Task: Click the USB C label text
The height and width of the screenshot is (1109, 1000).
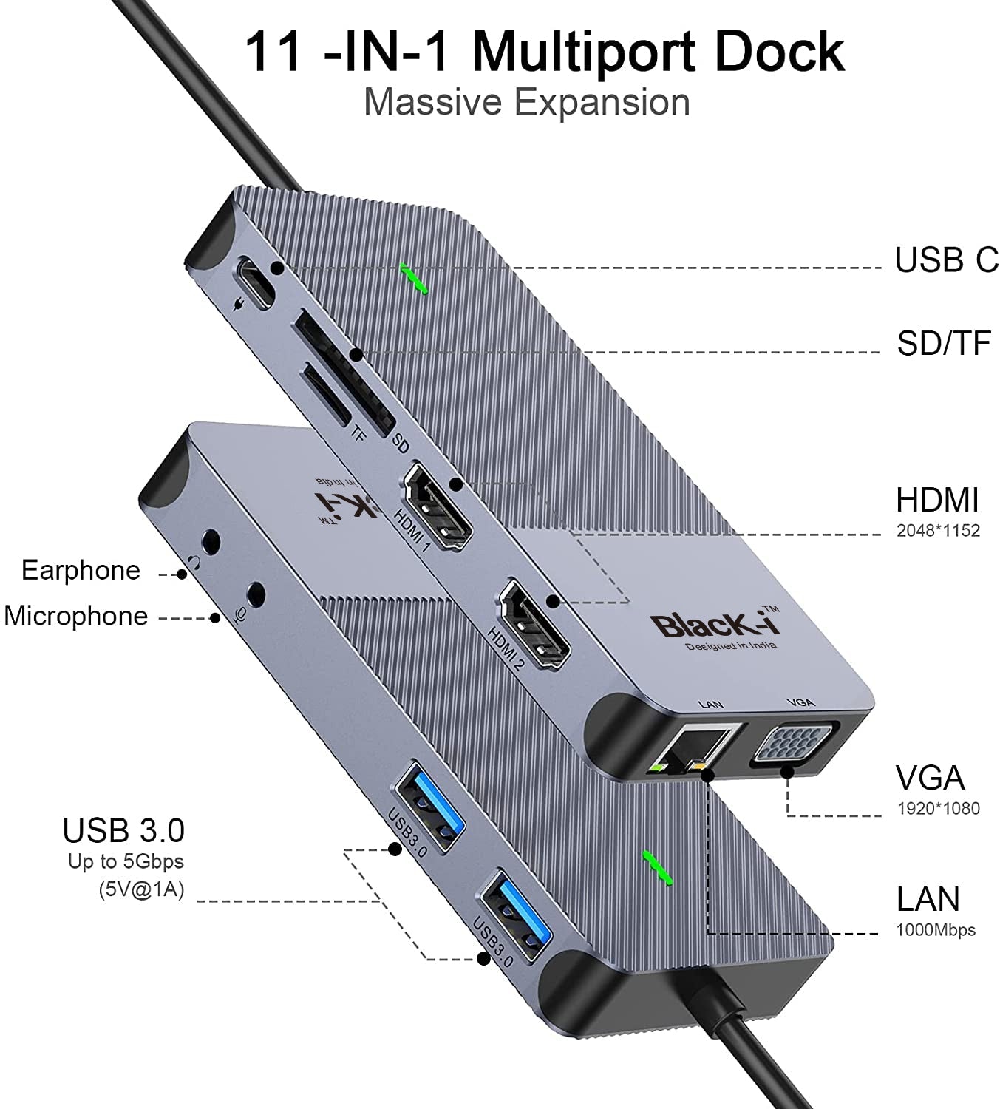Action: click(x=945, y=260)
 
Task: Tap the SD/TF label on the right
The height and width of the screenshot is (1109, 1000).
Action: click(x=943, y=343)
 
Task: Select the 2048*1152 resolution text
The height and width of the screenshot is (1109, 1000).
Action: click(x=937, y=530)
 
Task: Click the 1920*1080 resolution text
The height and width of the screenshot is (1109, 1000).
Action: click(x=937, y=808)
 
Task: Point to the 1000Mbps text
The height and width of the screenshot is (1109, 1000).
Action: click(x=935, y=930)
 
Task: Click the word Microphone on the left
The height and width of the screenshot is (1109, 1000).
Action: click(x=75, y=616)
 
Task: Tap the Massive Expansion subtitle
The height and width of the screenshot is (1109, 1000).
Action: click(x=526, y=102)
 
